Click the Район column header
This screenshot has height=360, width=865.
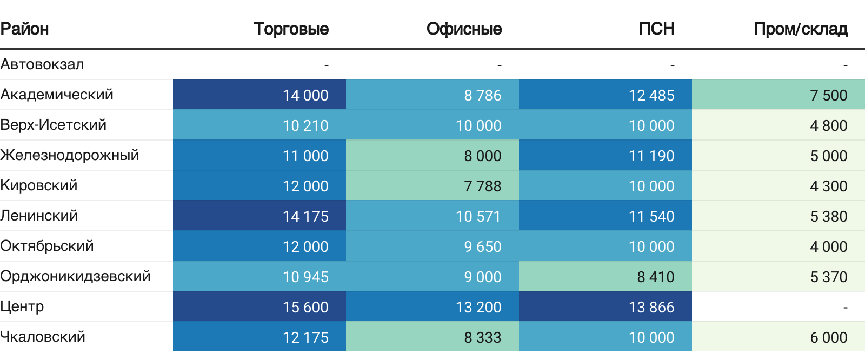(x=25, y=29)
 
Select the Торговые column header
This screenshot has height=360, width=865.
(x=291, y=29)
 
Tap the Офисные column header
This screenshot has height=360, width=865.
(x=464, y=29)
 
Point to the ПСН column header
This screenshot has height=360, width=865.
(x=656, y=29)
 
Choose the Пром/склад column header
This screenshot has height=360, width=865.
(x=800, y=29)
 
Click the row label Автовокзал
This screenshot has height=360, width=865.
(x=42, y=64)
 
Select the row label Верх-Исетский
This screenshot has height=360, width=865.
(x=54, y=125)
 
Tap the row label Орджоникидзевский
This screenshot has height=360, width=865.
(x=76, y=276)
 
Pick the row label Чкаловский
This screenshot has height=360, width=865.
(x=43, y=337)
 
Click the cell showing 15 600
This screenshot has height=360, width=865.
(x=305, y=307)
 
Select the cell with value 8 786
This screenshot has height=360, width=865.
(x=482, y=95)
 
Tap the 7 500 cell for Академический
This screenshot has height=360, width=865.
(x=828, y=95)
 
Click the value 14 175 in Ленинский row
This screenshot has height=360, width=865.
(x=305, y=216)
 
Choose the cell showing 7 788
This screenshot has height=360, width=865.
(x=482, y=186)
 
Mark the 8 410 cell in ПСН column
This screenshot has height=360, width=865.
(x=655, y=277)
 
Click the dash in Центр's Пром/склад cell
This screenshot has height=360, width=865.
(x=845, y=307)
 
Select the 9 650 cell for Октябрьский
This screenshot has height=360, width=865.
(x=482, y=246)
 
